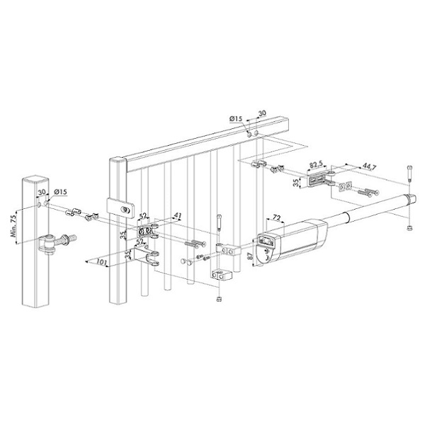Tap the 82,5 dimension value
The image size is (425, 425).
(x=316, y=165)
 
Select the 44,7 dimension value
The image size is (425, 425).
(x=369, y=168)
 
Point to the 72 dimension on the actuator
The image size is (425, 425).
(x=276, y=218)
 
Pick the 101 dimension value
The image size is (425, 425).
(x=102, y=262)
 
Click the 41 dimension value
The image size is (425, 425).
(x=178, y=216)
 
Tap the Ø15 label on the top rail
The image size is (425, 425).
(x=236, y=119)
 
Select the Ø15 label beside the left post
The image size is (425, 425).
(x=60, y=192)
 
